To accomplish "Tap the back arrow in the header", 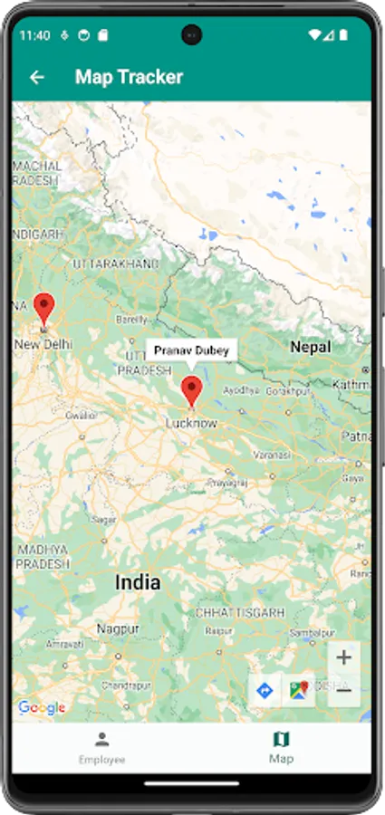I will pos(37,78).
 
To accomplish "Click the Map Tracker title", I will pos(129,78).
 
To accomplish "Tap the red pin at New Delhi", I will pos(43,309).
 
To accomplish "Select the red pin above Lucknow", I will pos(191,391).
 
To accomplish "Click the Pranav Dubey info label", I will pos(191,350).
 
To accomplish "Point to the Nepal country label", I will pos(310,347).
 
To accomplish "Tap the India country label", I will pos(138,582).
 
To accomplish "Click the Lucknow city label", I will pos(191,423).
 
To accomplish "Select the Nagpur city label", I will pos(119,628).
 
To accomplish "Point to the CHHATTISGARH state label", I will pos(240,613).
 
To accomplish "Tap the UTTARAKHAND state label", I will pos(115,263).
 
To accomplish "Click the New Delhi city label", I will pos(43,344).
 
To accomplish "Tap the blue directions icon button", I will pos(265,691).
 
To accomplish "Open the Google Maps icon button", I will pos(298,691).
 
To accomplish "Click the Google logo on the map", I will pos(42,707).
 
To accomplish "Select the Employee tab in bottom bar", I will pos(101,748).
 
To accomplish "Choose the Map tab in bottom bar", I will pos(281,748).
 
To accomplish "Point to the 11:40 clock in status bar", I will pos(34,35).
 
